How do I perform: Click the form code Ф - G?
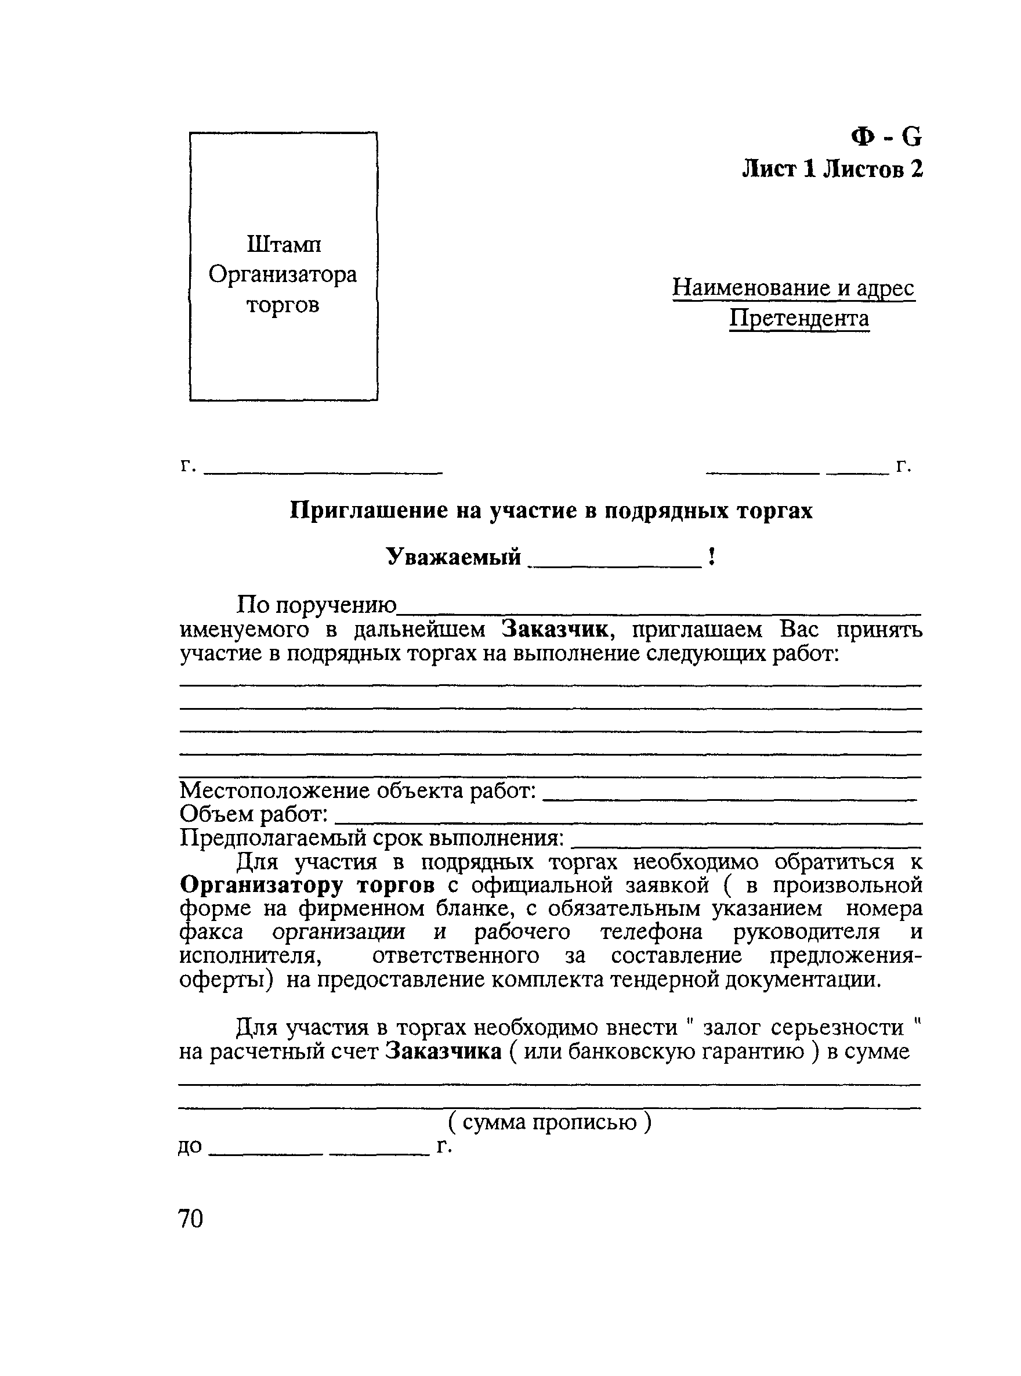coord(886,136)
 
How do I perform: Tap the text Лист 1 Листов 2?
coord(832,169)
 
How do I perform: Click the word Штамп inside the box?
coord(284,245)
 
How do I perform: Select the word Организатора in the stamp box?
coord(283,275)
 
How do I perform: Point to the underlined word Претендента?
coord(799,319)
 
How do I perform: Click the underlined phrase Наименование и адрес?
coord(794,288)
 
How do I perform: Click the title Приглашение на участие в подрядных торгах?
coord(551,511)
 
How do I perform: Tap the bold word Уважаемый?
coord(454,557)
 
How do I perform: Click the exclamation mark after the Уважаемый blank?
coord(712,557)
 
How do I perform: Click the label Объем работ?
coord(254,815)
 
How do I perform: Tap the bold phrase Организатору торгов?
coord(307,886)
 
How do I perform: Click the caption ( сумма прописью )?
coord(549,1122)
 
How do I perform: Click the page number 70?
coord(190,1218)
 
